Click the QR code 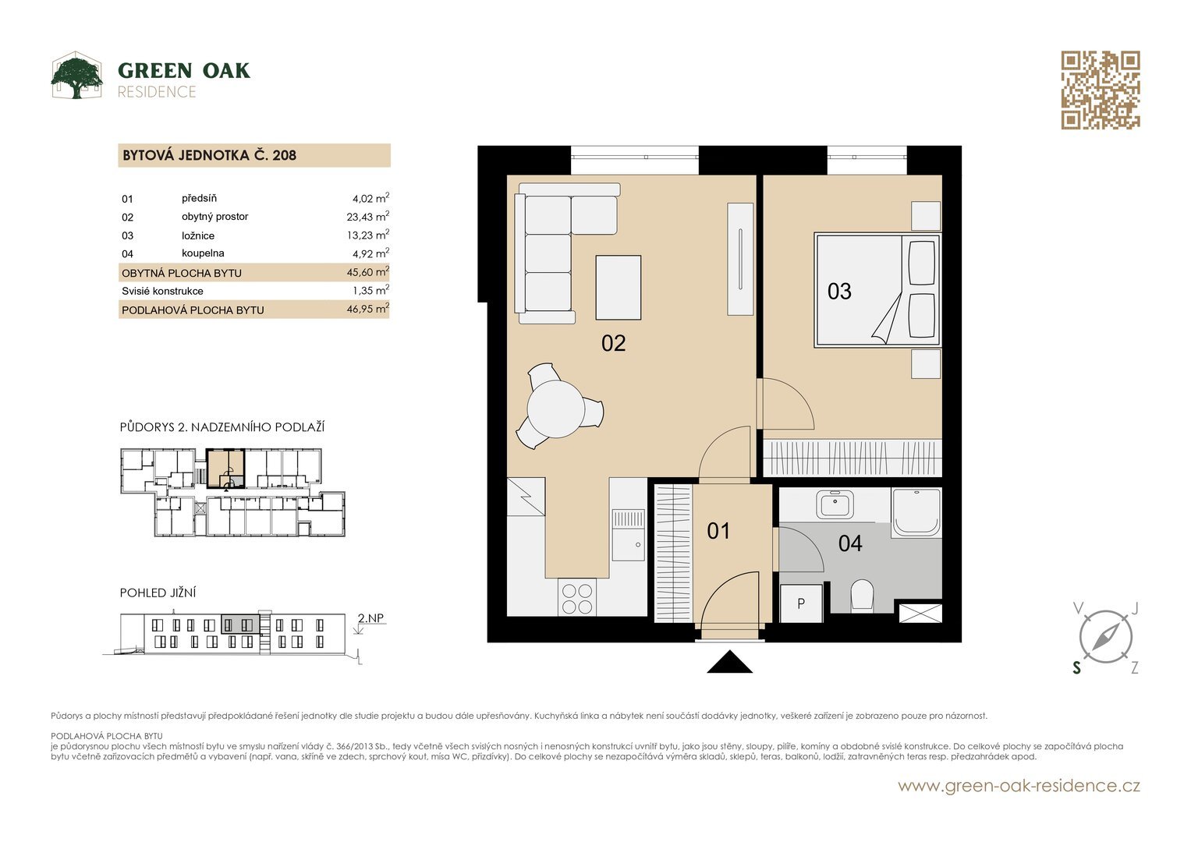[1100, 90]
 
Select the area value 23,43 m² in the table [368, 217]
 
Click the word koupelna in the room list [203, 253]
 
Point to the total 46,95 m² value [368, 308]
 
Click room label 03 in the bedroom [839, 292]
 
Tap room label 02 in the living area [613, 343]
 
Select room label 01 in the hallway [718, 531]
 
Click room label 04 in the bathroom [849, 543]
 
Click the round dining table [556, 409]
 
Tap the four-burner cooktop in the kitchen [577, 598]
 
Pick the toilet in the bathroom [862, 595]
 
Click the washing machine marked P [801, 603]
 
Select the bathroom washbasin [835, 504]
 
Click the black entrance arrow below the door [729, 662]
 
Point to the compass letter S [1076, 668]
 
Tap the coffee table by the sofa [618, 288]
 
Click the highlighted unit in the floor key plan [226, 469]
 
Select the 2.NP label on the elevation [370, 618]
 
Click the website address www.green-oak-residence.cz [1019, 786]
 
